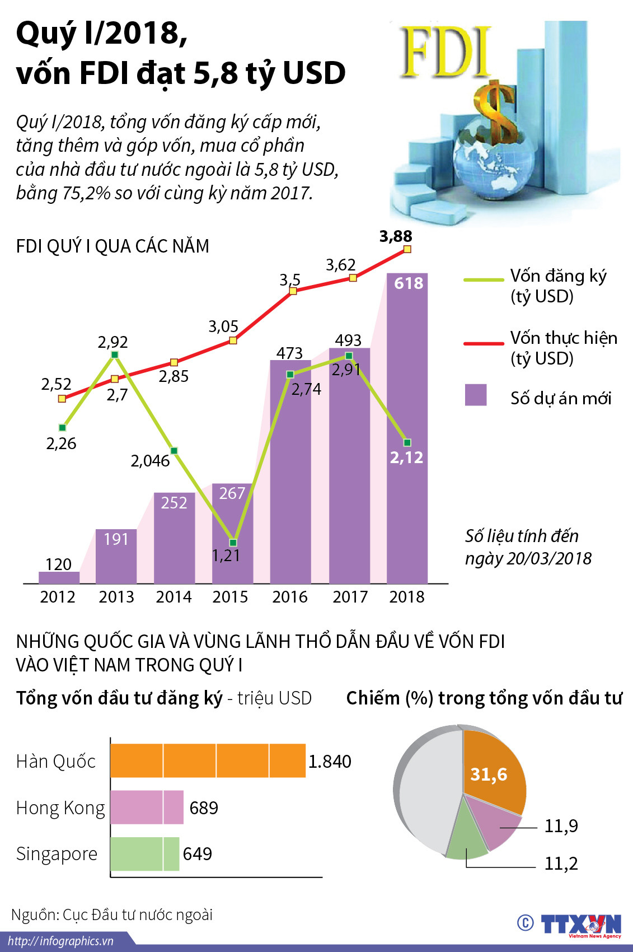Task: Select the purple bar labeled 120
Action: pos(59,577)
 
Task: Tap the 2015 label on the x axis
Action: pos(230,597)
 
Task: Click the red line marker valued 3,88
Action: pos(407,249)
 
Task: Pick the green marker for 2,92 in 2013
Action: pos(115,354)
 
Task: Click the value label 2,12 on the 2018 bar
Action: pos(406,458)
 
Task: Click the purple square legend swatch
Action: pos(476,395)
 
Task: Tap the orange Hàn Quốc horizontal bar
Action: pos(208,760)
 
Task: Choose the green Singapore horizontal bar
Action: pos(144,854)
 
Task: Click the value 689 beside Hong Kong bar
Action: pos(204,808)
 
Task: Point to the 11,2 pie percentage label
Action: pos(561,864)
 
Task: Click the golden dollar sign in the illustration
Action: pos(495,112)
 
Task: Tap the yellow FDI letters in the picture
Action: pos(445,53)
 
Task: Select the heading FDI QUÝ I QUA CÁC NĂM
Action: pos(112,246)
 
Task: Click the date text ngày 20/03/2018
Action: pos(528,558)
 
